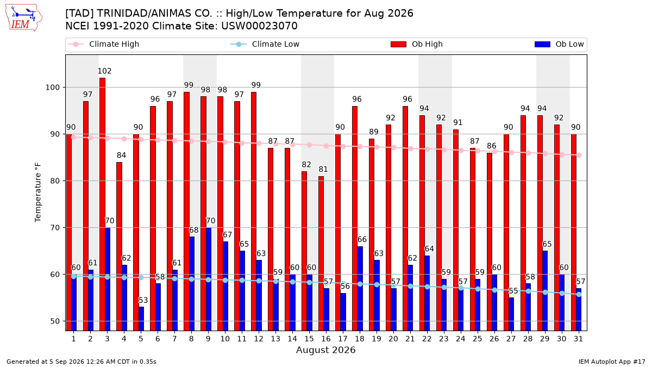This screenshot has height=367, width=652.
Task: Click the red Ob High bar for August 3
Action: click(x=103, y=204)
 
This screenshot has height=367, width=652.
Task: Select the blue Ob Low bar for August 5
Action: click(x=141, y=319)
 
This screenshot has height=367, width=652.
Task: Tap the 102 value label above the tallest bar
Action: click(x=104, y=71)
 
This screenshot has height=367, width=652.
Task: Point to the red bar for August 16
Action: click(x=321, y=253)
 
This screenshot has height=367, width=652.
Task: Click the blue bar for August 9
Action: click(x=209, y=279)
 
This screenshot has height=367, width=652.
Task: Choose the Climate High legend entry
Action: click(x=104, y=44)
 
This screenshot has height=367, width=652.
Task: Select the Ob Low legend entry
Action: click(x=559, y=44)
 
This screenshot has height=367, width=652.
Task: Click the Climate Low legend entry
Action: click(x=265, y=44)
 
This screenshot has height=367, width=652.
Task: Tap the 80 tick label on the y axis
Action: click(x=55, y=181)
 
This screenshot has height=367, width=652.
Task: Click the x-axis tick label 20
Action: click(x=393, y=339)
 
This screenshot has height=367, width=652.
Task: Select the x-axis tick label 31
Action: click(x=578, y=339)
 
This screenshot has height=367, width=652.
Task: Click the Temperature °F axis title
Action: click(x=38, y=192)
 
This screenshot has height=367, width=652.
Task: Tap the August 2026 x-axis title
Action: click(x=326, y=350)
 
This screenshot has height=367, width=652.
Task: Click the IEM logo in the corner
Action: click(x=24, y=18)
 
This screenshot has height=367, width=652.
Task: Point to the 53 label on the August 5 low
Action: click(x=143, y=300)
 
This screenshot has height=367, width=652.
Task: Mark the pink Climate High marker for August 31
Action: click(x=579, y=155)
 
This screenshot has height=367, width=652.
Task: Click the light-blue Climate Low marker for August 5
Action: click(x=141, y=278)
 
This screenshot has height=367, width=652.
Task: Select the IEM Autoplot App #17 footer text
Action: click(x=612, y=362)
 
